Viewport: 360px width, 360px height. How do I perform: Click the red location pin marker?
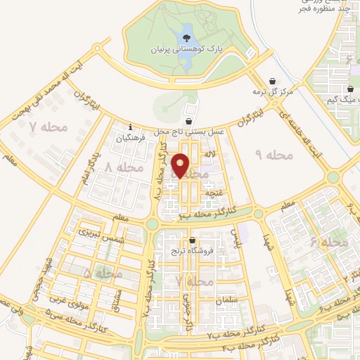click(x=181, y=165)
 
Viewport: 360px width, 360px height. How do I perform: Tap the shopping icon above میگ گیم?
click(x=349, y=89)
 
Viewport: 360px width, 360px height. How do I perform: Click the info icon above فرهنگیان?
click(x=131, y=127)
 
